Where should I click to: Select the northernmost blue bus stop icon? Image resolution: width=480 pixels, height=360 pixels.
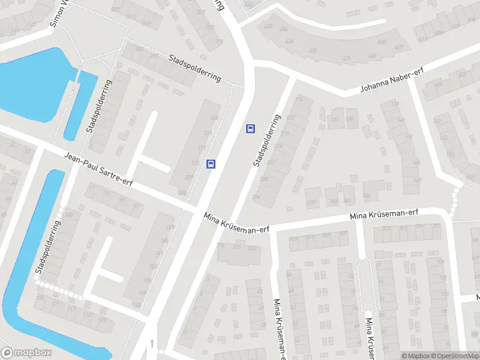tap(250, 128)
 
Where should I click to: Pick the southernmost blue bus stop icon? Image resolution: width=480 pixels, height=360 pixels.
tap(211, 164)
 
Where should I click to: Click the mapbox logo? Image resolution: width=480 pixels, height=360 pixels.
tap(26, 353)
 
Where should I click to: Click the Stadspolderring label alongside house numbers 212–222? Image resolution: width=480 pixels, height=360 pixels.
tap(267, 140)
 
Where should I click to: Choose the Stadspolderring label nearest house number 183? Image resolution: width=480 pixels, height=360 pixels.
tap(48, 248)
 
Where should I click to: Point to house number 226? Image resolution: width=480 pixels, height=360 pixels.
tap(300, 100)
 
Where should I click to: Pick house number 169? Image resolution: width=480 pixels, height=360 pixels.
tap(101, 320)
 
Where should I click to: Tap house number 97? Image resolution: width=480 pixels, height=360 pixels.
tap(137, 206)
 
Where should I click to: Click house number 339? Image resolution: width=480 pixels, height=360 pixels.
tap(311, 203)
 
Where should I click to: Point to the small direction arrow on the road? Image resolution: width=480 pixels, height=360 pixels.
tap(152, 343)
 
